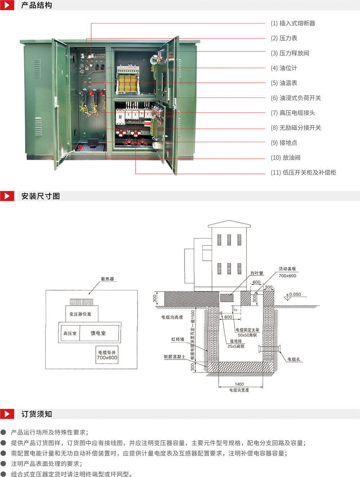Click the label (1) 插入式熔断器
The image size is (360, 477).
(293, 23)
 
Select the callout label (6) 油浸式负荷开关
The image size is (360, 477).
(295, 98)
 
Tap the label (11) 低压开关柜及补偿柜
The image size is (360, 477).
(303, 172)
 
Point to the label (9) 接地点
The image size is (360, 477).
(284, 143)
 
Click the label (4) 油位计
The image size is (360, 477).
(284, 68)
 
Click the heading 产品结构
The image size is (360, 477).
(36, 5)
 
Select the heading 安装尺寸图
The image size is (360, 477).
(40, 196)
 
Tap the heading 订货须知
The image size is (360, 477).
(36, 414)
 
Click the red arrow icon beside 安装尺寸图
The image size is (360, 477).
(7, 196)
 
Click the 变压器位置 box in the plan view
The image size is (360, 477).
(80, 314)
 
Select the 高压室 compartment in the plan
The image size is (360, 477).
(70, 333)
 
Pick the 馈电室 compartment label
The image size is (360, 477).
(98, 333)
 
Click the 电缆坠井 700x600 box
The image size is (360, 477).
(107, 355)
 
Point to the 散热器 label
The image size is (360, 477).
(107, 279)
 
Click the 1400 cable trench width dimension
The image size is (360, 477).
(239, 384)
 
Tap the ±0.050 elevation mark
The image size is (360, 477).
(294, 294)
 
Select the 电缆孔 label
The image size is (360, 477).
(294, 359)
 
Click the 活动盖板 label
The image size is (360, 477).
(287, 269)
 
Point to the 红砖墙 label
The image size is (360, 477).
(178, 339)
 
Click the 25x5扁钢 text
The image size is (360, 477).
(236, 346)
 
